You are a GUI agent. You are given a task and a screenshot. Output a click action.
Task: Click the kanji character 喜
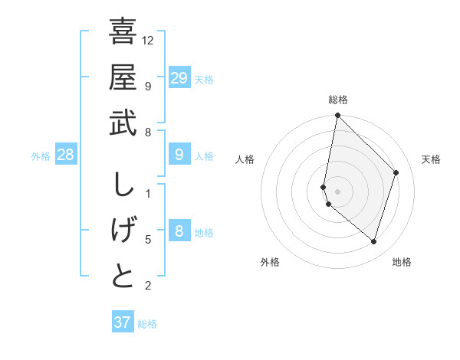[x=123, y=32]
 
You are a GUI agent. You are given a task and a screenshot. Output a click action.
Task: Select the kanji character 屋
[x=123, y=78]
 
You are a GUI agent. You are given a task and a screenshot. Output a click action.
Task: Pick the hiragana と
[x=123, y=276]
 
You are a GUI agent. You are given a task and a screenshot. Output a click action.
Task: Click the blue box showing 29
[x=179, y=78]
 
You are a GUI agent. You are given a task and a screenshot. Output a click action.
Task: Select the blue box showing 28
[x=66, y=155]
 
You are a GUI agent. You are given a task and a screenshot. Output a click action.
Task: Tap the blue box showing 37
[x=122, y=322]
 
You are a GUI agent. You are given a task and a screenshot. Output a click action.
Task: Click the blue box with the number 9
[x=179, y=155]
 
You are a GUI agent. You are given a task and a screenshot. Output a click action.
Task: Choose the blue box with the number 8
[x=179, y=231]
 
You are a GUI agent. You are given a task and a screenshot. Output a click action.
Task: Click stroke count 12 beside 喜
[x=148, y=40]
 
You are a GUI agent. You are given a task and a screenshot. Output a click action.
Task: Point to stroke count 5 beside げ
[x=148, y=240]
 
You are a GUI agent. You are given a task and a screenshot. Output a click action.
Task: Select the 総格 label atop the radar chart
[x=337, y=100]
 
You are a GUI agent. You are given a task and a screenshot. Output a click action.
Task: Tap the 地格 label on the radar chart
[x=402, y=262]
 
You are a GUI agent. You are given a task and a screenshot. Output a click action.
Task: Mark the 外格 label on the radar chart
[x=270, y=262]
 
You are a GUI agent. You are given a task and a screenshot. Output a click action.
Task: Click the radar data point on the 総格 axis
[x=337, y=116]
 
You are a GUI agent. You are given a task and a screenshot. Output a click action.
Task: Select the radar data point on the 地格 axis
[x=373, y=241]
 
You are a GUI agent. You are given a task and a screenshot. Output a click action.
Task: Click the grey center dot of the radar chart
[x=337, y=191]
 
